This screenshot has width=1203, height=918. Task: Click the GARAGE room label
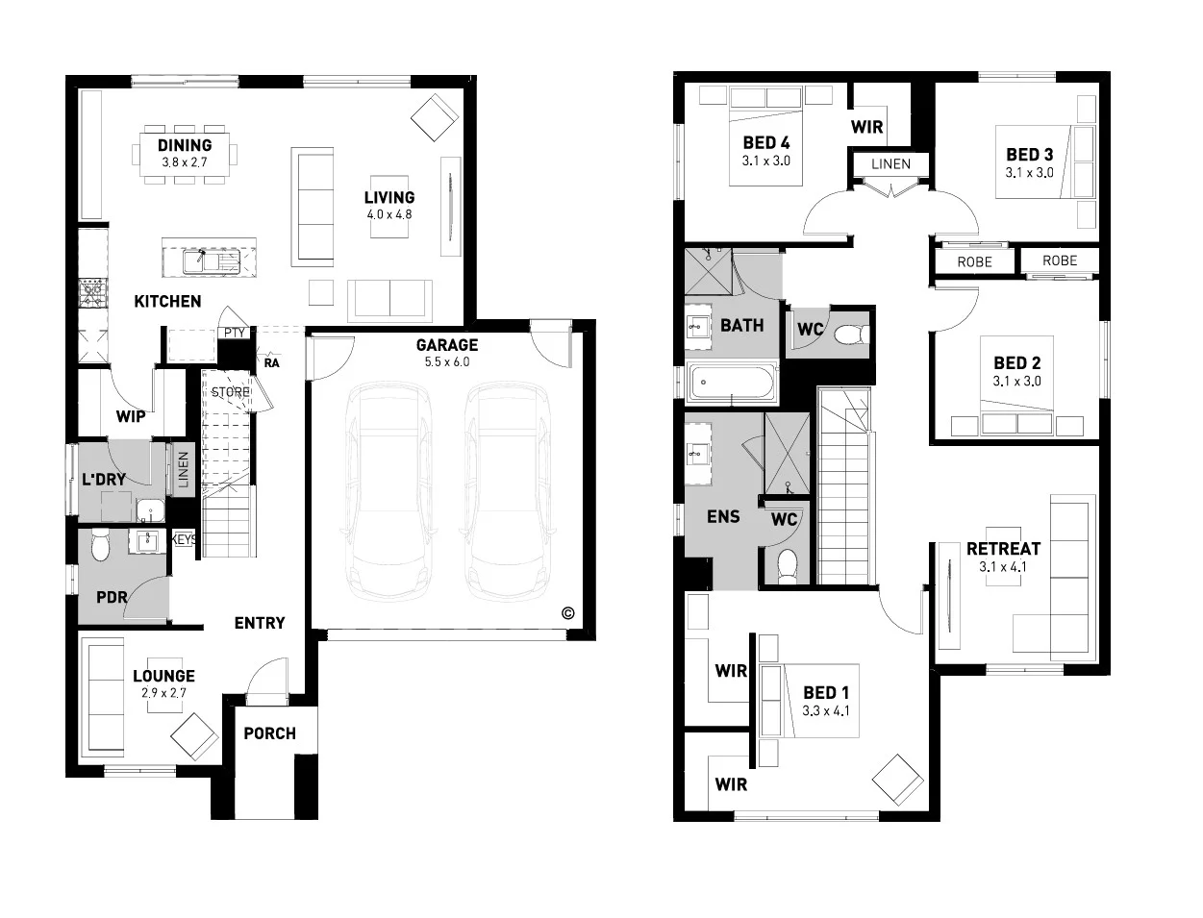pos(446,345)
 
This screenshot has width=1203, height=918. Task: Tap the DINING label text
pos(185,145)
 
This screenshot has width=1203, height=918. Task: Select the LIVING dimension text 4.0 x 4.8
pos(388,214)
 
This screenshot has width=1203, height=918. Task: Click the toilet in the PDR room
pos(100,546)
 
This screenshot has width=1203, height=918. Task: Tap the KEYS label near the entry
pos(184,540)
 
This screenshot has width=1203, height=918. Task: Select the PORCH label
pos(269,733)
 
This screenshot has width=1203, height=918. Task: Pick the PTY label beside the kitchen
pos(234,334)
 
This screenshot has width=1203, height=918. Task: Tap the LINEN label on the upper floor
pos(890,164)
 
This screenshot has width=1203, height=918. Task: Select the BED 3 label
pos(1029,154)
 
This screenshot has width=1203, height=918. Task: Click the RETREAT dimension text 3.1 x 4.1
pos(1003,567)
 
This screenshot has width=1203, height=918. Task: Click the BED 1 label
pos(825,693)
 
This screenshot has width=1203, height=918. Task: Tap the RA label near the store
pos(272,363)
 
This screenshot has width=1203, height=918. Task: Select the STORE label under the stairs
pos(231,392)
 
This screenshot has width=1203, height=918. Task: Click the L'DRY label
pos(103,479)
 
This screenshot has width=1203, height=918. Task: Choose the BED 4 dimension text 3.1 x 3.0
pos(765,161)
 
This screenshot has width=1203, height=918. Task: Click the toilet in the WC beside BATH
pos(850,335)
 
